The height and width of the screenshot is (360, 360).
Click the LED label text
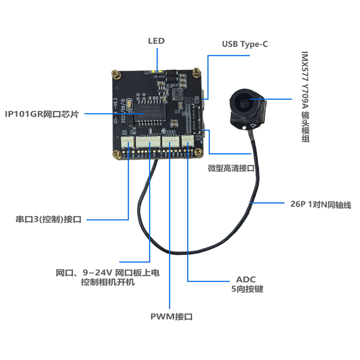click(x=157, y=41)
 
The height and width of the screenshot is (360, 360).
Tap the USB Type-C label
click(x=245, y=45)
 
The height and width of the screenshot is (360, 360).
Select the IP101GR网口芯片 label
click(x=42, y=114)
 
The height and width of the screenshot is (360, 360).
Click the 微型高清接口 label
click(x=231, y=168)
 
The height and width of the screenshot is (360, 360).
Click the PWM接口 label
click(x=171, y=316)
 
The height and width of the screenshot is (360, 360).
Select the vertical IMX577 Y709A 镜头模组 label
click(x=306, y=97)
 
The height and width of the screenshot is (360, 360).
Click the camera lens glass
click(x=244, y=104)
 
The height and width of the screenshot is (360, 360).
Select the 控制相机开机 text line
click(x=108, y=283)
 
